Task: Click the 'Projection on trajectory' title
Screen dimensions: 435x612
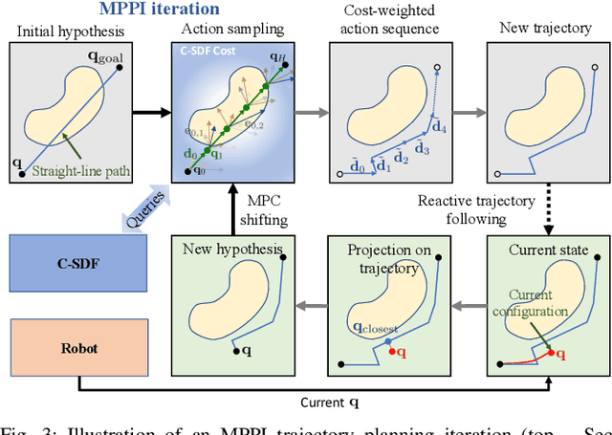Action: click(383, 258)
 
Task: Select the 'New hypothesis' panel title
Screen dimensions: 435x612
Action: click(234, 250)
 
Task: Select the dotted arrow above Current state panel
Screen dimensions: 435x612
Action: click(548, 215)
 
